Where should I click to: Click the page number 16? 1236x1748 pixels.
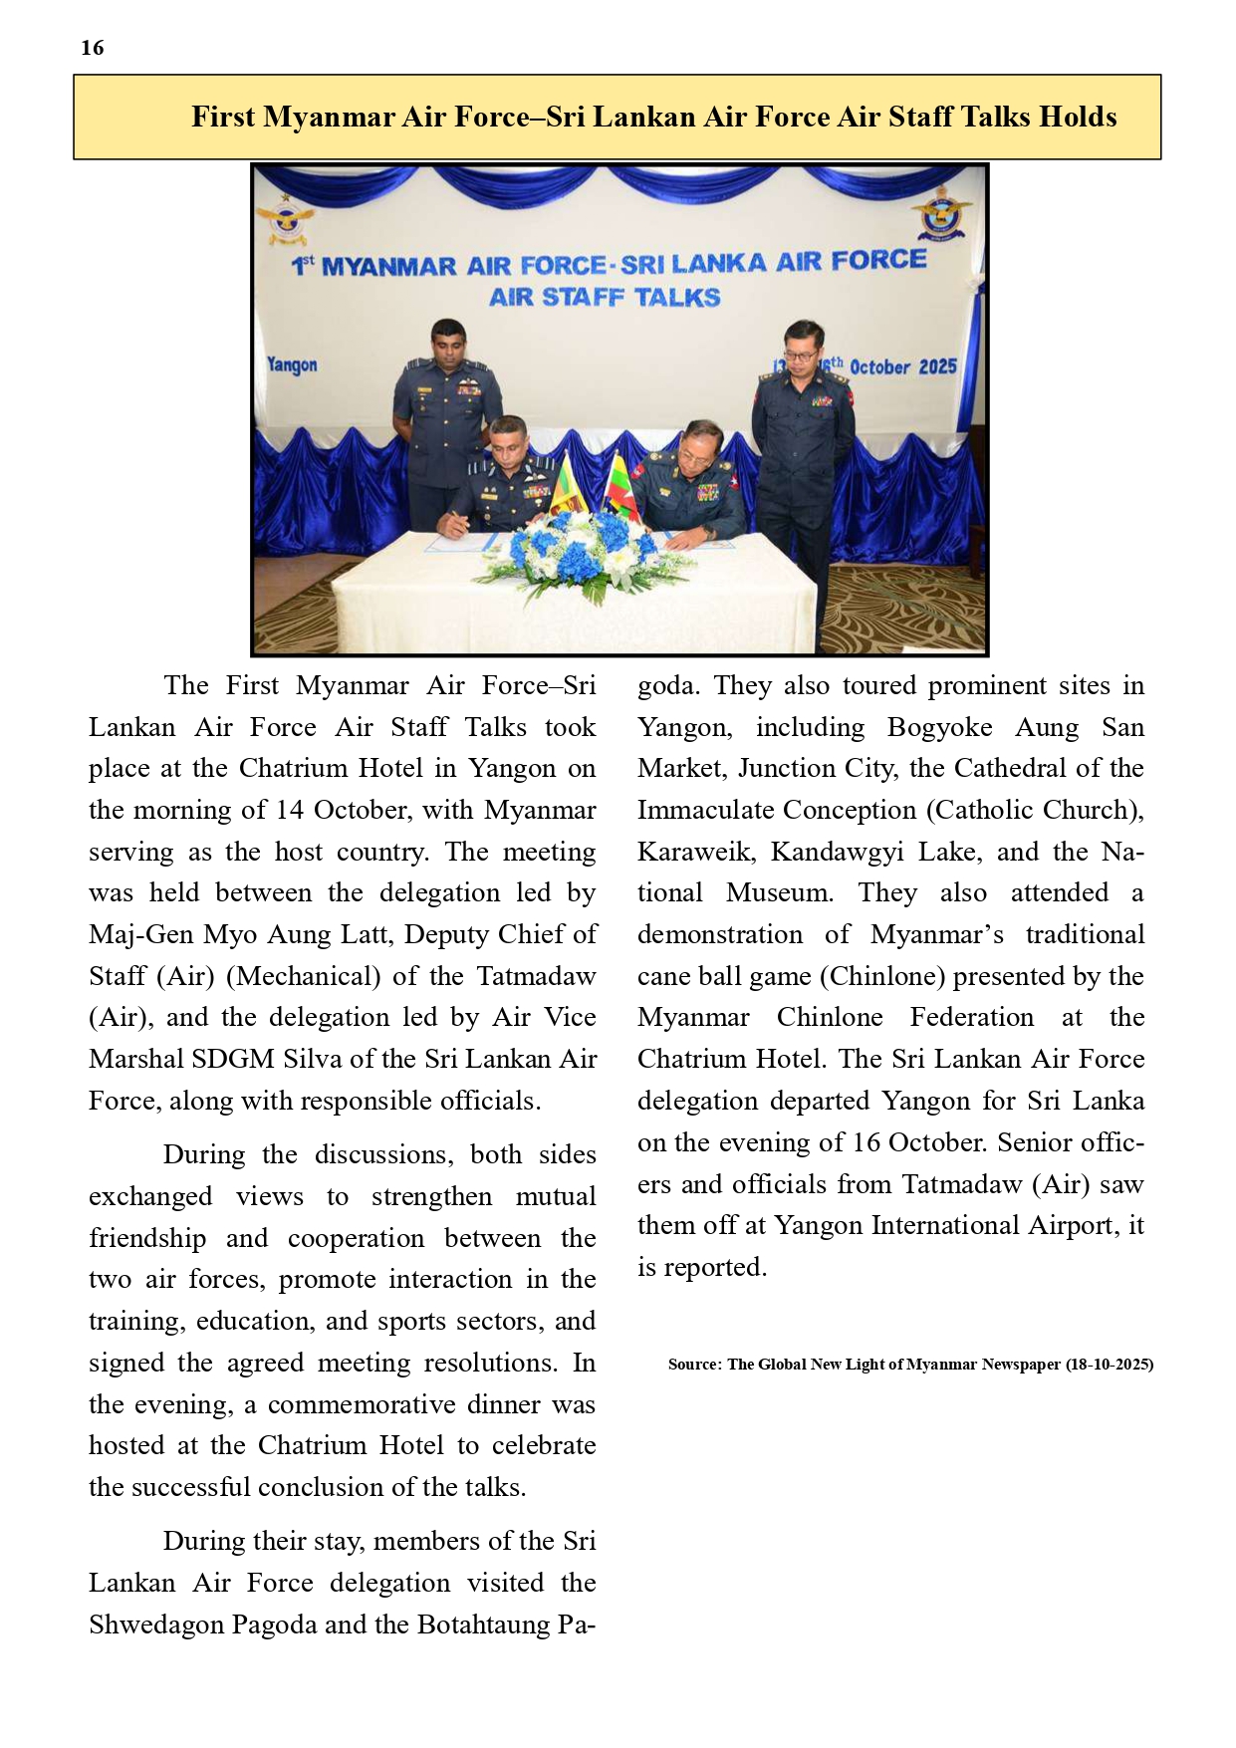pyautogui.click(x=93, y=48)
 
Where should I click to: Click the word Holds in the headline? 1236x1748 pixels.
pyautogui.click(x=1078, y=118)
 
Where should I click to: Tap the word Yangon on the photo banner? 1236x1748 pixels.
pyautogui.click(x=292, y=365)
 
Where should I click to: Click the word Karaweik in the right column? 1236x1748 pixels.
pyautogui.click(x=692, y=853)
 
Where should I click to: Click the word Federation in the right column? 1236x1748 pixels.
pyautogui.click(x=971, y=1018)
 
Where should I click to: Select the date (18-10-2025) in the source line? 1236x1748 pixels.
pyautogui.click(x=1109, y=1365)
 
